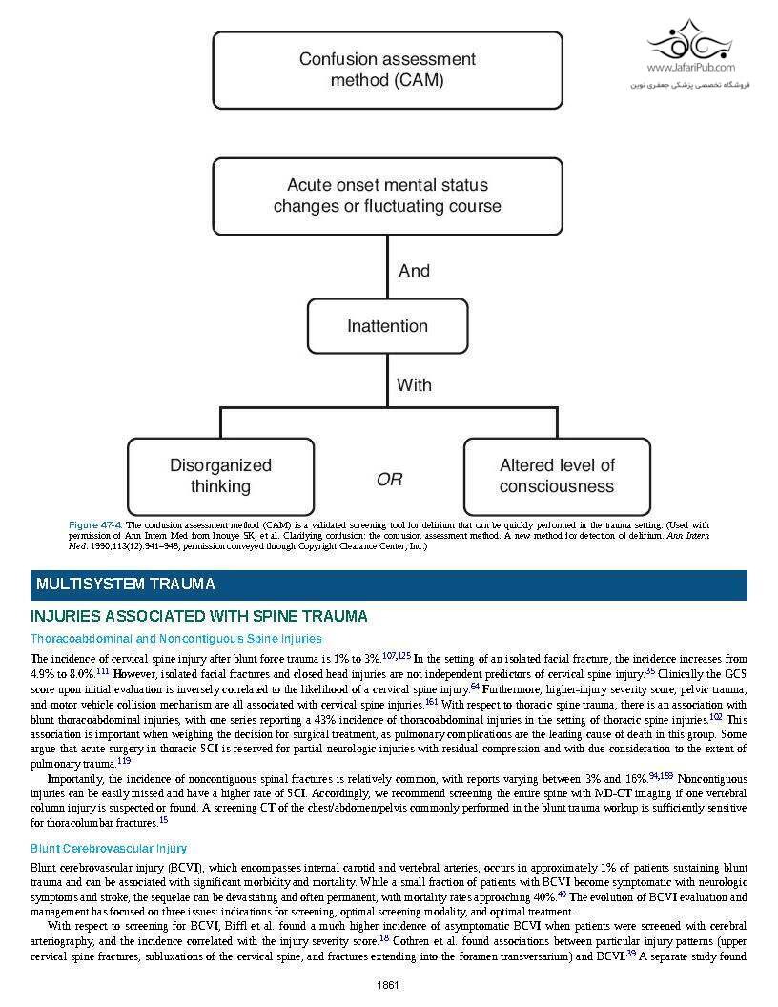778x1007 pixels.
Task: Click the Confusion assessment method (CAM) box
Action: click(x=387, y=70)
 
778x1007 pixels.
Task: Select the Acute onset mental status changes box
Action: click(x=387, y=195)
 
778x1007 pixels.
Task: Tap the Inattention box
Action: click(x=387, y=326)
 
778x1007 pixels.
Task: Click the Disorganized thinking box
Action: click(x=220, y=476)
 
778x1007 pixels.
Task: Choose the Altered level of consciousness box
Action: click(x=557, y=476)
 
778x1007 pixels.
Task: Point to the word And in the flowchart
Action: click(x=414, y=271)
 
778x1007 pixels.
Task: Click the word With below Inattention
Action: click(x=414, y=385)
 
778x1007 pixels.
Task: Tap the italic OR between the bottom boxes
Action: click(x=389, y=480)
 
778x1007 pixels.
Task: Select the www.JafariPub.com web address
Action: click(x=690, y=68)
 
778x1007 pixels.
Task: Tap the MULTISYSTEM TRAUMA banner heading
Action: click(x=125, y=585)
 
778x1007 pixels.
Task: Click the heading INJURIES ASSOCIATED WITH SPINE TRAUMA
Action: click(x=198, y=617)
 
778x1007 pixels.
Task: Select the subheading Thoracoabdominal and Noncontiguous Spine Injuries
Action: click(x=175, y=639)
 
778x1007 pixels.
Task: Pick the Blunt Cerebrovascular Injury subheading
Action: click(x=108, y=849)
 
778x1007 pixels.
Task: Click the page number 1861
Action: click(x=388, y=985)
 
